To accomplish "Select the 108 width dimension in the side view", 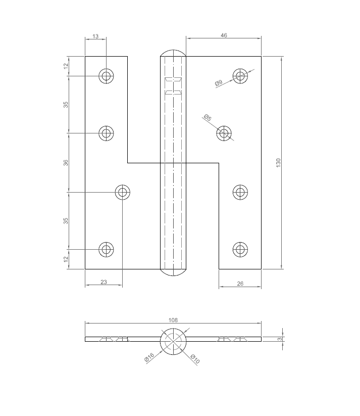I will coord(173,320).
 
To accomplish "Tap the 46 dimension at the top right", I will coord(224,35).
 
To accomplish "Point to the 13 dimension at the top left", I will coord(95,36).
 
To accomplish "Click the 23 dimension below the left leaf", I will coord(104,282).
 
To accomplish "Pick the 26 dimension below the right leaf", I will coord(240,284).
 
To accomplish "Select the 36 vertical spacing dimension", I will coord(66,163).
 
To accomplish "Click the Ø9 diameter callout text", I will coord(219,83).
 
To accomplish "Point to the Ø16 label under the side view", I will coord(149,357).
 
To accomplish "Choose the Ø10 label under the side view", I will coord(195,359).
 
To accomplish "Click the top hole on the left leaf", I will coord(106,76).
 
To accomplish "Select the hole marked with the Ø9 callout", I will coord(240,76).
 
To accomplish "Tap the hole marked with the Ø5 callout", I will coord(224,133).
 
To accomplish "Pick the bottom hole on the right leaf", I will coord(240,249).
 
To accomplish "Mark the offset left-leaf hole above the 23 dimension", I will coord(123,192).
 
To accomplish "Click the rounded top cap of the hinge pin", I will coord(173,53).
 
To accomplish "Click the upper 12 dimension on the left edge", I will coord(66,66).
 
